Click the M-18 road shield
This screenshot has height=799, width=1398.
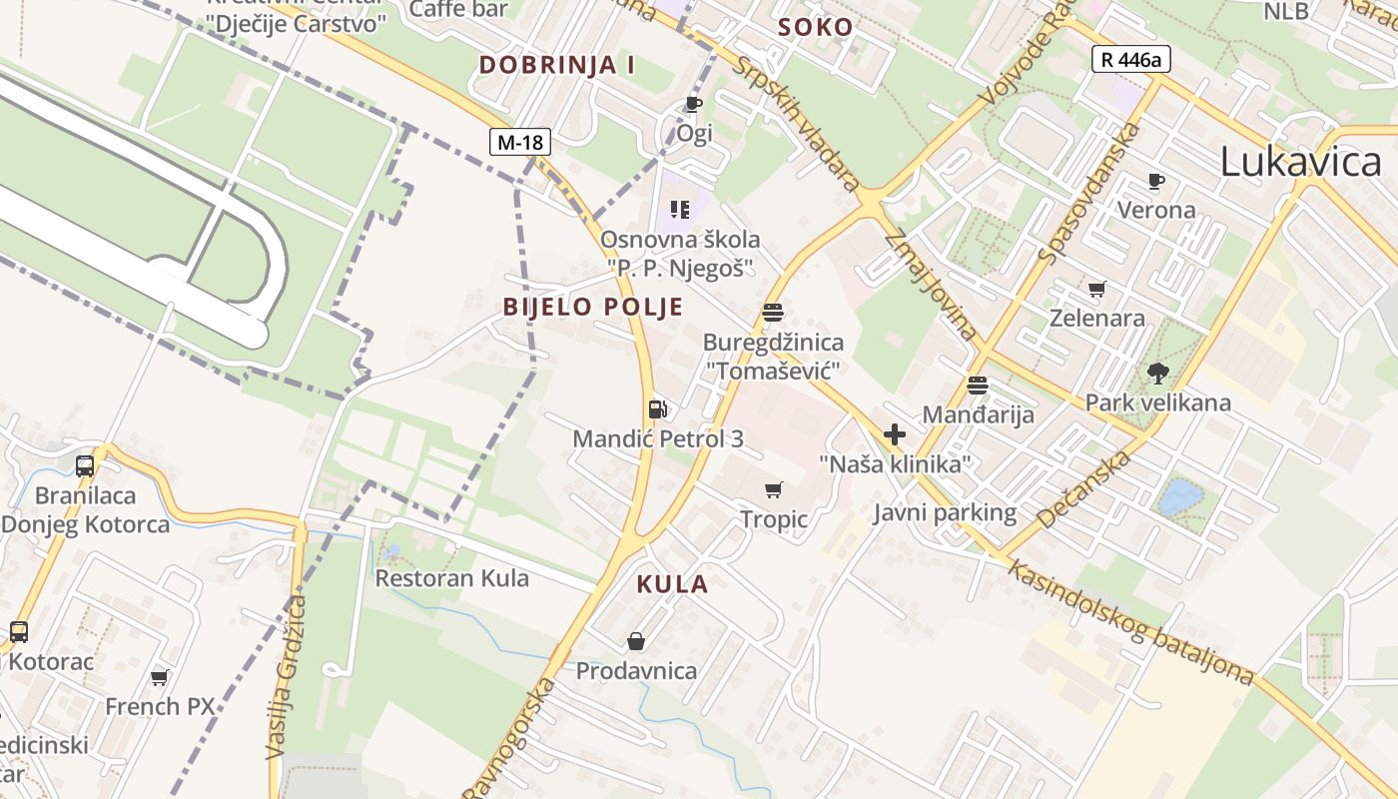point(520,142)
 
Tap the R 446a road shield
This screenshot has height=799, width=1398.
point(1130,59)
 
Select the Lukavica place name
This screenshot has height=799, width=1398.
point(1300,162)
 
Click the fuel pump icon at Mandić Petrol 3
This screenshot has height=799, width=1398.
point(657,408)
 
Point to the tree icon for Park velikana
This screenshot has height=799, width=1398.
point(1158,375)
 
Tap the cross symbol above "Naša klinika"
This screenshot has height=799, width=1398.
point(895,434)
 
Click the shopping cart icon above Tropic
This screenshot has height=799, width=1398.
point(773,489)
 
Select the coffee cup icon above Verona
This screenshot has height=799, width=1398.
point(1156,181)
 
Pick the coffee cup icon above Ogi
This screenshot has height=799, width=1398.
point(693,104)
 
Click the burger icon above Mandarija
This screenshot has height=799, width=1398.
point(977,385)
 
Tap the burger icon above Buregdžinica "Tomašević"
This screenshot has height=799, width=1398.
point(772,313)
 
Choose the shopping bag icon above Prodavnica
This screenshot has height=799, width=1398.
point(636,641)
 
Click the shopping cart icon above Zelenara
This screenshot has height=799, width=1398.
point(1097,290)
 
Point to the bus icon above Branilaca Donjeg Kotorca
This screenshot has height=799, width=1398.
point(85,465)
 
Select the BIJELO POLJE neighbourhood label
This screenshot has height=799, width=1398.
point(593,307)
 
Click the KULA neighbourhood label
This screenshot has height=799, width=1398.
point(672,584)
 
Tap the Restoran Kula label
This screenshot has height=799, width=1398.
point(451,578)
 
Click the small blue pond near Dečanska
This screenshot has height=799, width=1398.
point(1179,496)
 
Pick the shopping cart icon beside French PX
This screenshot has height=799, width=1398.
point(159,678)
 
